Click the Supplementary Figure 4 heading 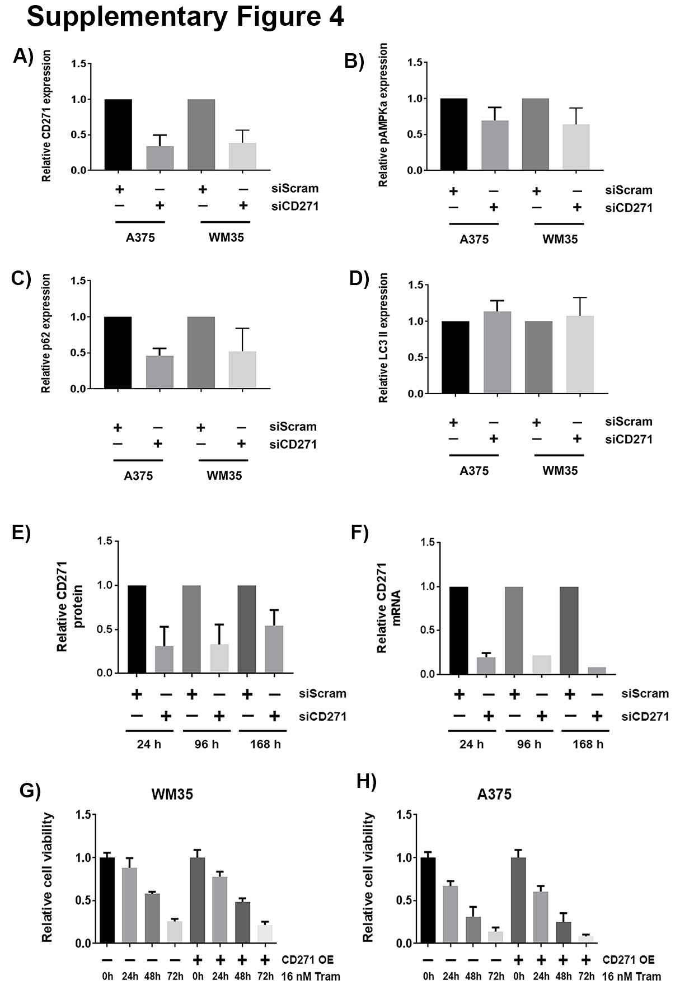point(185,17)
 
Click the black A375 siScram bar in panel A point(118,134)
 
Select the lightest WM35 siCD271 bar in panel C point(242,370)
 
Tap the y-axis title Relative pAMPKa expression point(383,115)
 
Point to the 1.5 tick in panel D point(416,285)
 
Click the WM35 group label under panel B point(560,240)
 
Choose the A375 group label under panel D point(474,471)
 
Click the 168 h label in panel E point(265,744)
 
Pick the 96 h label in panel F point(529,744)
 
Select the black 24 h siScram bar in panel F point(458,631)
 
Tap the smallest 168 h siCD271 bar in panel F point(597,671)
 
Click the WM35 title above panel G point(172,794)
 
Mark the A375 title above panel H point(494,794)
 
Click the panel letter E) point(21,532)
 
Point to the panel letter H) point(367,781)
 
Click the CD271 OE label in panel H point(628,960)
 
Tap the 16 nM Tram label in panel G point(311,977)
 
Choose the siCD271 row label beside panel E point(322,716)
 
